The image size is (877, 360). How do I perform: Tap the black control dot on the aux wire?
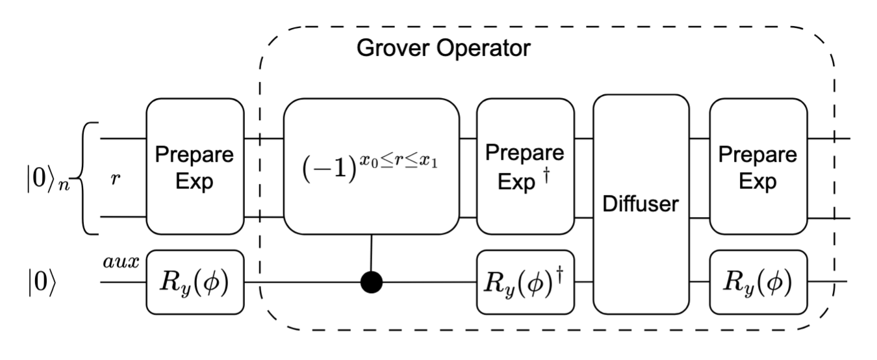point(371,283)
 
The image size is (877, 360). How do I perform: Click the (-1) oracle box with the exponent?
point(371,166)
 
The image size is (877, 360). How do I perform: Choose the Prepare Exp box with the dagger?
point(525,166)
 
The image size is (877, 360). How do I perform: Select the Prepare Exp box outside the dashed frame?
point(195,166)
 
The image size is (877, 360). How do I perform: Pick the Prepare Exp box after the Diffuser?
point(757,166)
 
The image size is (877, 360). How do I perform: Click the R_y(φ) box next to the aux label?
point(195,283)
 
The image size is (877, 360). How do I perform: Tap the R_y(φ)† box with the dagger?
point(525,283)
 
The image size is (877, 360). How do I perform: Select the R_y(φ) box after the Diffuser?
point(757,283)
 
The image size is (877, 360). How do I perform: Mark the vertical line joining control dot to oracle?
point(371,253)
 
